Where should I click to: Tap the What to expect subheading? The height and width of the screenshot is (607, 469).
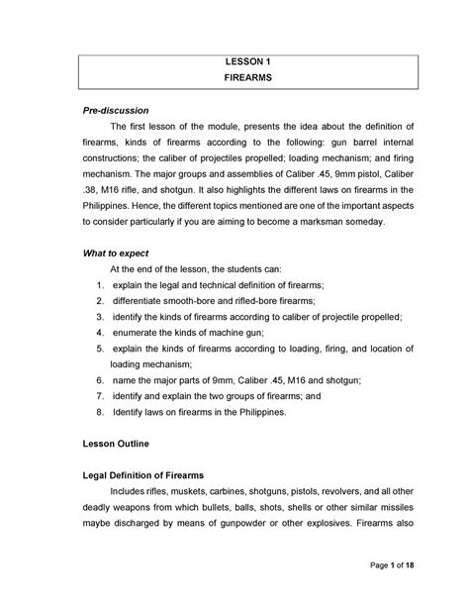coord(115,253)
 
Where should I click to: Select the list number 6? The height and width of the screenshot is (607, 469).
coord(87,378)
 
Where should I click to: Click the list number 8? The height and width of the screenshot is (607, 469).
coord(87,409)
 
